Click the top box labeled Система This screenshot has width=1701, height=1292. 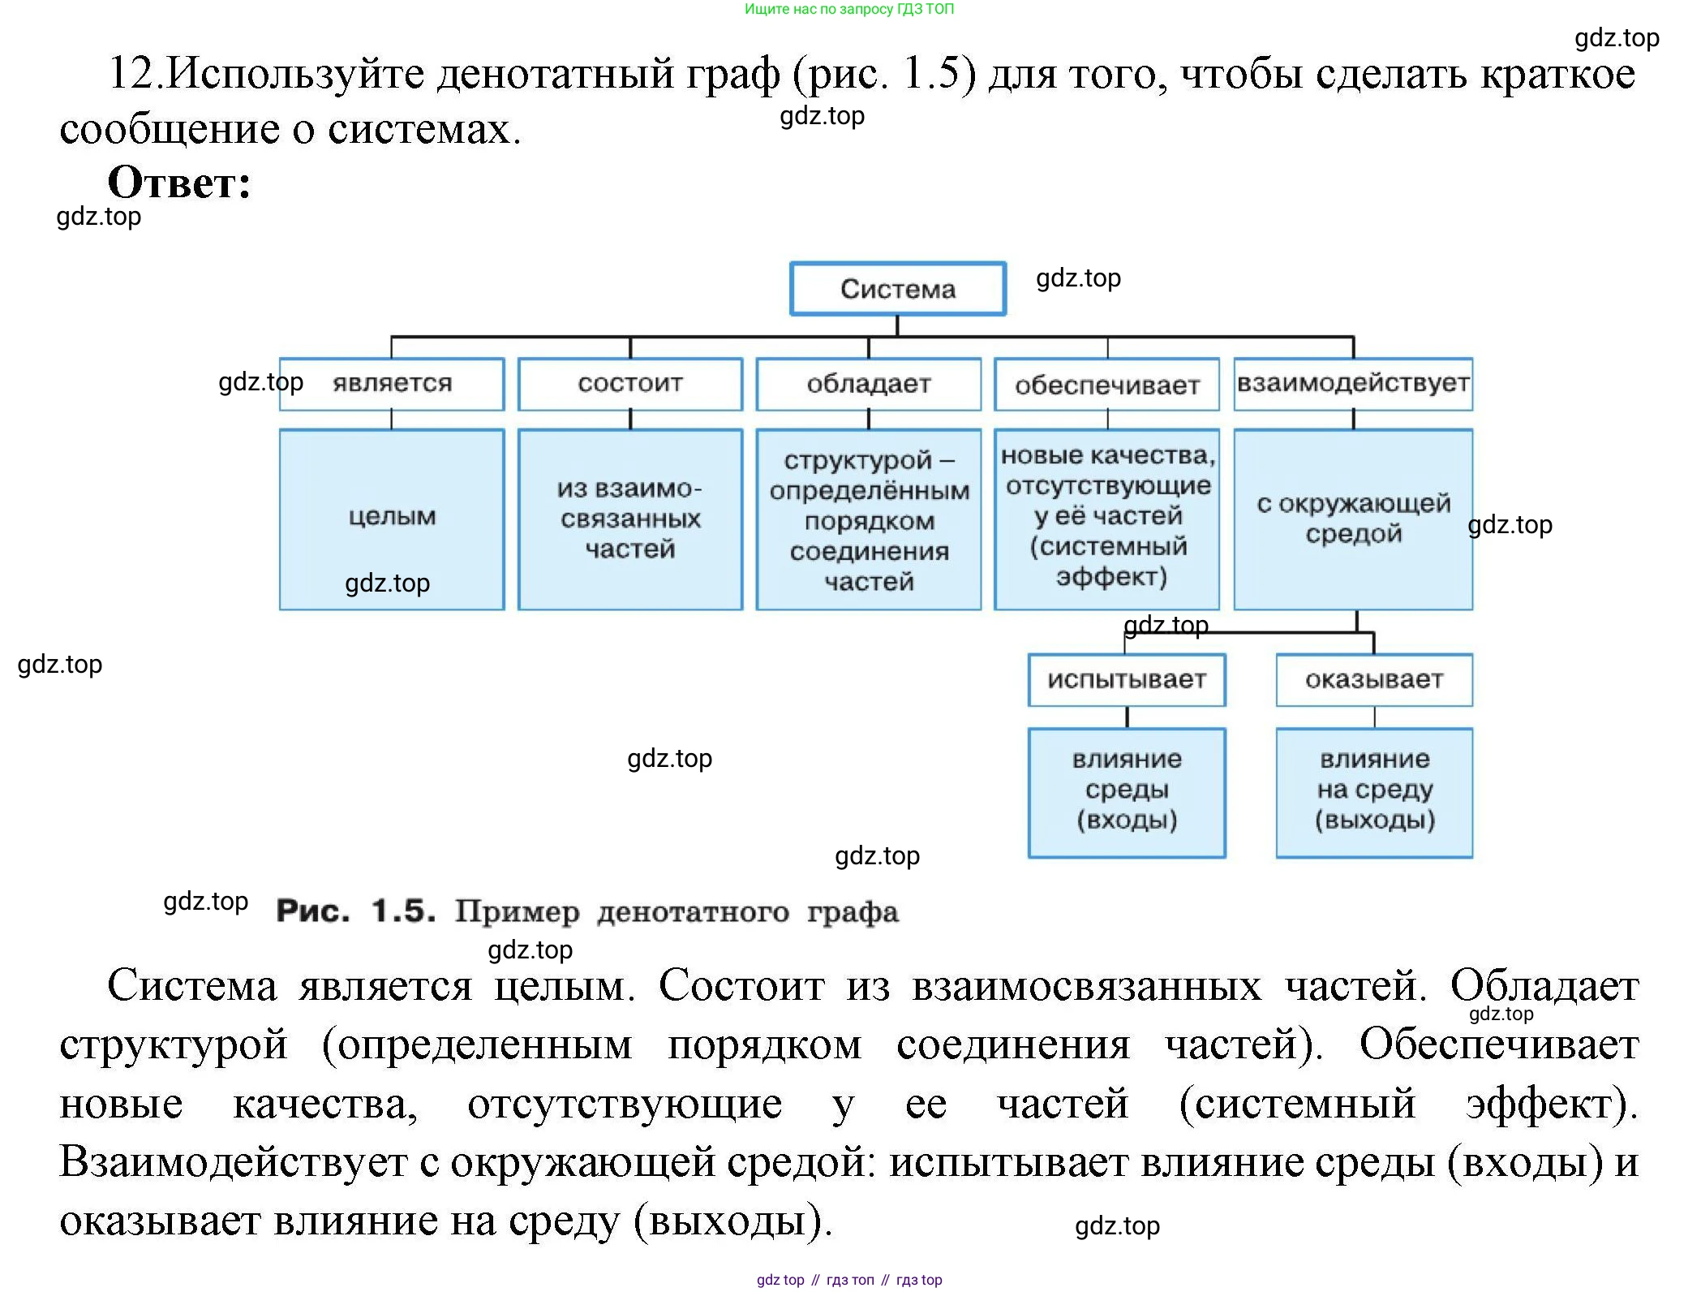pyautogui.click(x=897, y=289)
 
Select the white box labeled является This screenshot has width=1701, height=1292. pyautogui.click(x=392, y=384)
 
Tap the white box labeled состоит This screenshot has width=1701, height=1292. pyautogui.click(x=630, y=384)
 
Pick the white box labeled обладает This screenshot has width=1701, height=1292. pyautogui.click(x=868, y=384)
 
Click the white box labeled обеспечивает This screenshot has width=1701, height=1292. pyautogui.click(x=1106, y=385)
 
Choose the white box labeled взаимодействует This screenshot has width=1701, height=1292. pyautogui.click(x=1352, y=384)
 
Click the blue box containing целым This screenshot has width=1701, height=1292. pyautogui.click(x=392, y=519)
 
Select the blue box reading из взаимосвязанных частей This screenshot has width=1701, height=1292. pyautogui.click(x=630, y=519)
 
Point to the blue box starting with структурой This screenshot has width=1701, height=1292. pyautogui.click(x=868, y=519)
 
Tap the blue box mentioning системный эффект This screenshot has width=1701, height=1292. pyautogui.click(x=1106, y=519)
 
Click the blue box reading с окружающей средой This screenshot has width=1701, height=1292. pyautogui.click(x=1352, y=519)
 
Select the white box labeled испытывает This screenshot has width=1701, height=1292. pyautogui.click(x=1126, y=680)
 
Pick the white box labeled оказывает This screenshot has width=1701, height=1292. pyautogui.click(x=1373, y=680)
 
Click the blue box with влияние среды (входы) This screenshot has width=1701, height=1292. pyautogui.click(x=1126, y=791)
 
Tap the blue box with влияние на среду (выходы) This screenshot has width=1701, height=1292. pyautogui.click(x=1373, y=791)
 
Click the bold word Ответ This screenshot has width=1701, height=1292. pyautogui.click(x=178, y=183)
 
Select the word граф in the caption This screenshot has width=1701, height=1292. pyautogui.click(x=853, y=912)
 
